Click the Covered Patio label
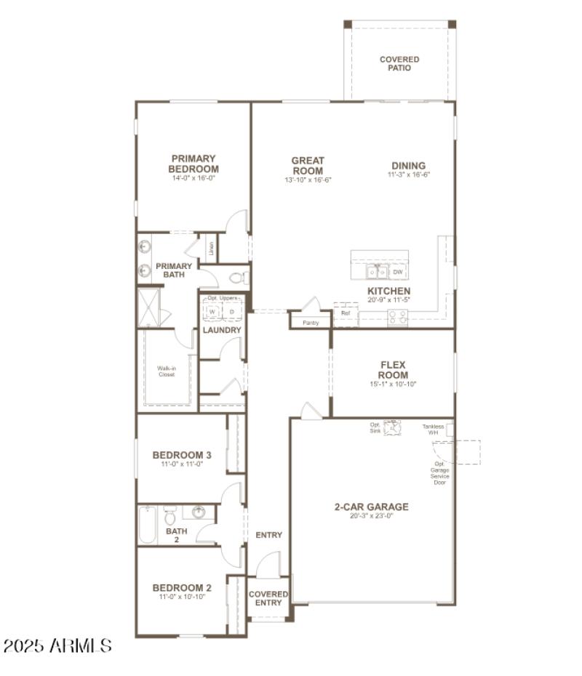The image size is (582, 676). point(399,63)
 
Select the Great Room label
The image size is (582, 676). point(308,166)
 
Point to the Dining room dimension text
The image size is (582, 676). point(409,174)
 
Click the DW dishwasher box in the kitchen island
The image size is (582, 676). point(397,272)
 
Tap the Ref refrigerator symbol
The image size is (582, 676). point(346,313)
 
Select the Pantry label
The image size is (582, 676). point(311,322)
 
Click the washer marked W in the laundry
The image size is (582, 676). point(212,311)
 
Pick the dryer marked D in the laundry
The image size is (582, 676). point(232,311)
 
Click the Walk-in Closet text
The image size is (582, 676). point(167,371)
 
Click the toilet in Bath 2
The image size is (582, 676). point(170,516)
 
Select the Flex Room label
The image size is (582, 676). point(393,370)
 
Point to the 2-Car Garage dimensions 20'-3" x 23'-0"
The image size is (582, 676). point(372,516)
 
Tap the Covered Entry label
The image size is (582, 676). point(268,598)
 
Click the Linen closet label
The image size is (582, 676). point(211,249)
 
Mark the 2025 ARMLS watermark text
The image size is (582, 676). point(57,645)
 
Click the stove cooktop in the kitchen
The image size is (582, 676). point(397,316)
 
